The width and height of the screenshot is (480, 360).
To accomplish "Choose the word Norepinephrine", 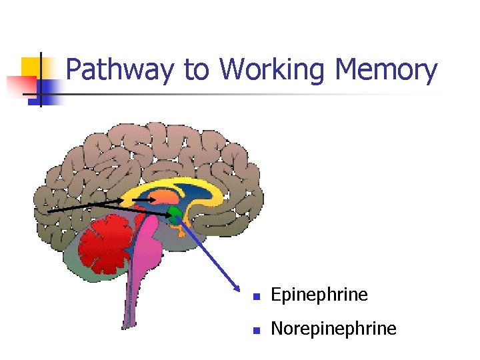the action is (333, 329).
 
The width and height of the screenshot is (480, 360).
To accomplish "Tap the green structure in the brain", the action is (175, 213).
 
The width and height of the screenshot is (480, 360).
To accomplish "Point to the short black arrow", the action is (143, 199).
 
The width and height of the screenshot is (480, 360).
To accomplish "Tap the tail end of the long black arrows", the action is (49, 211).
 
